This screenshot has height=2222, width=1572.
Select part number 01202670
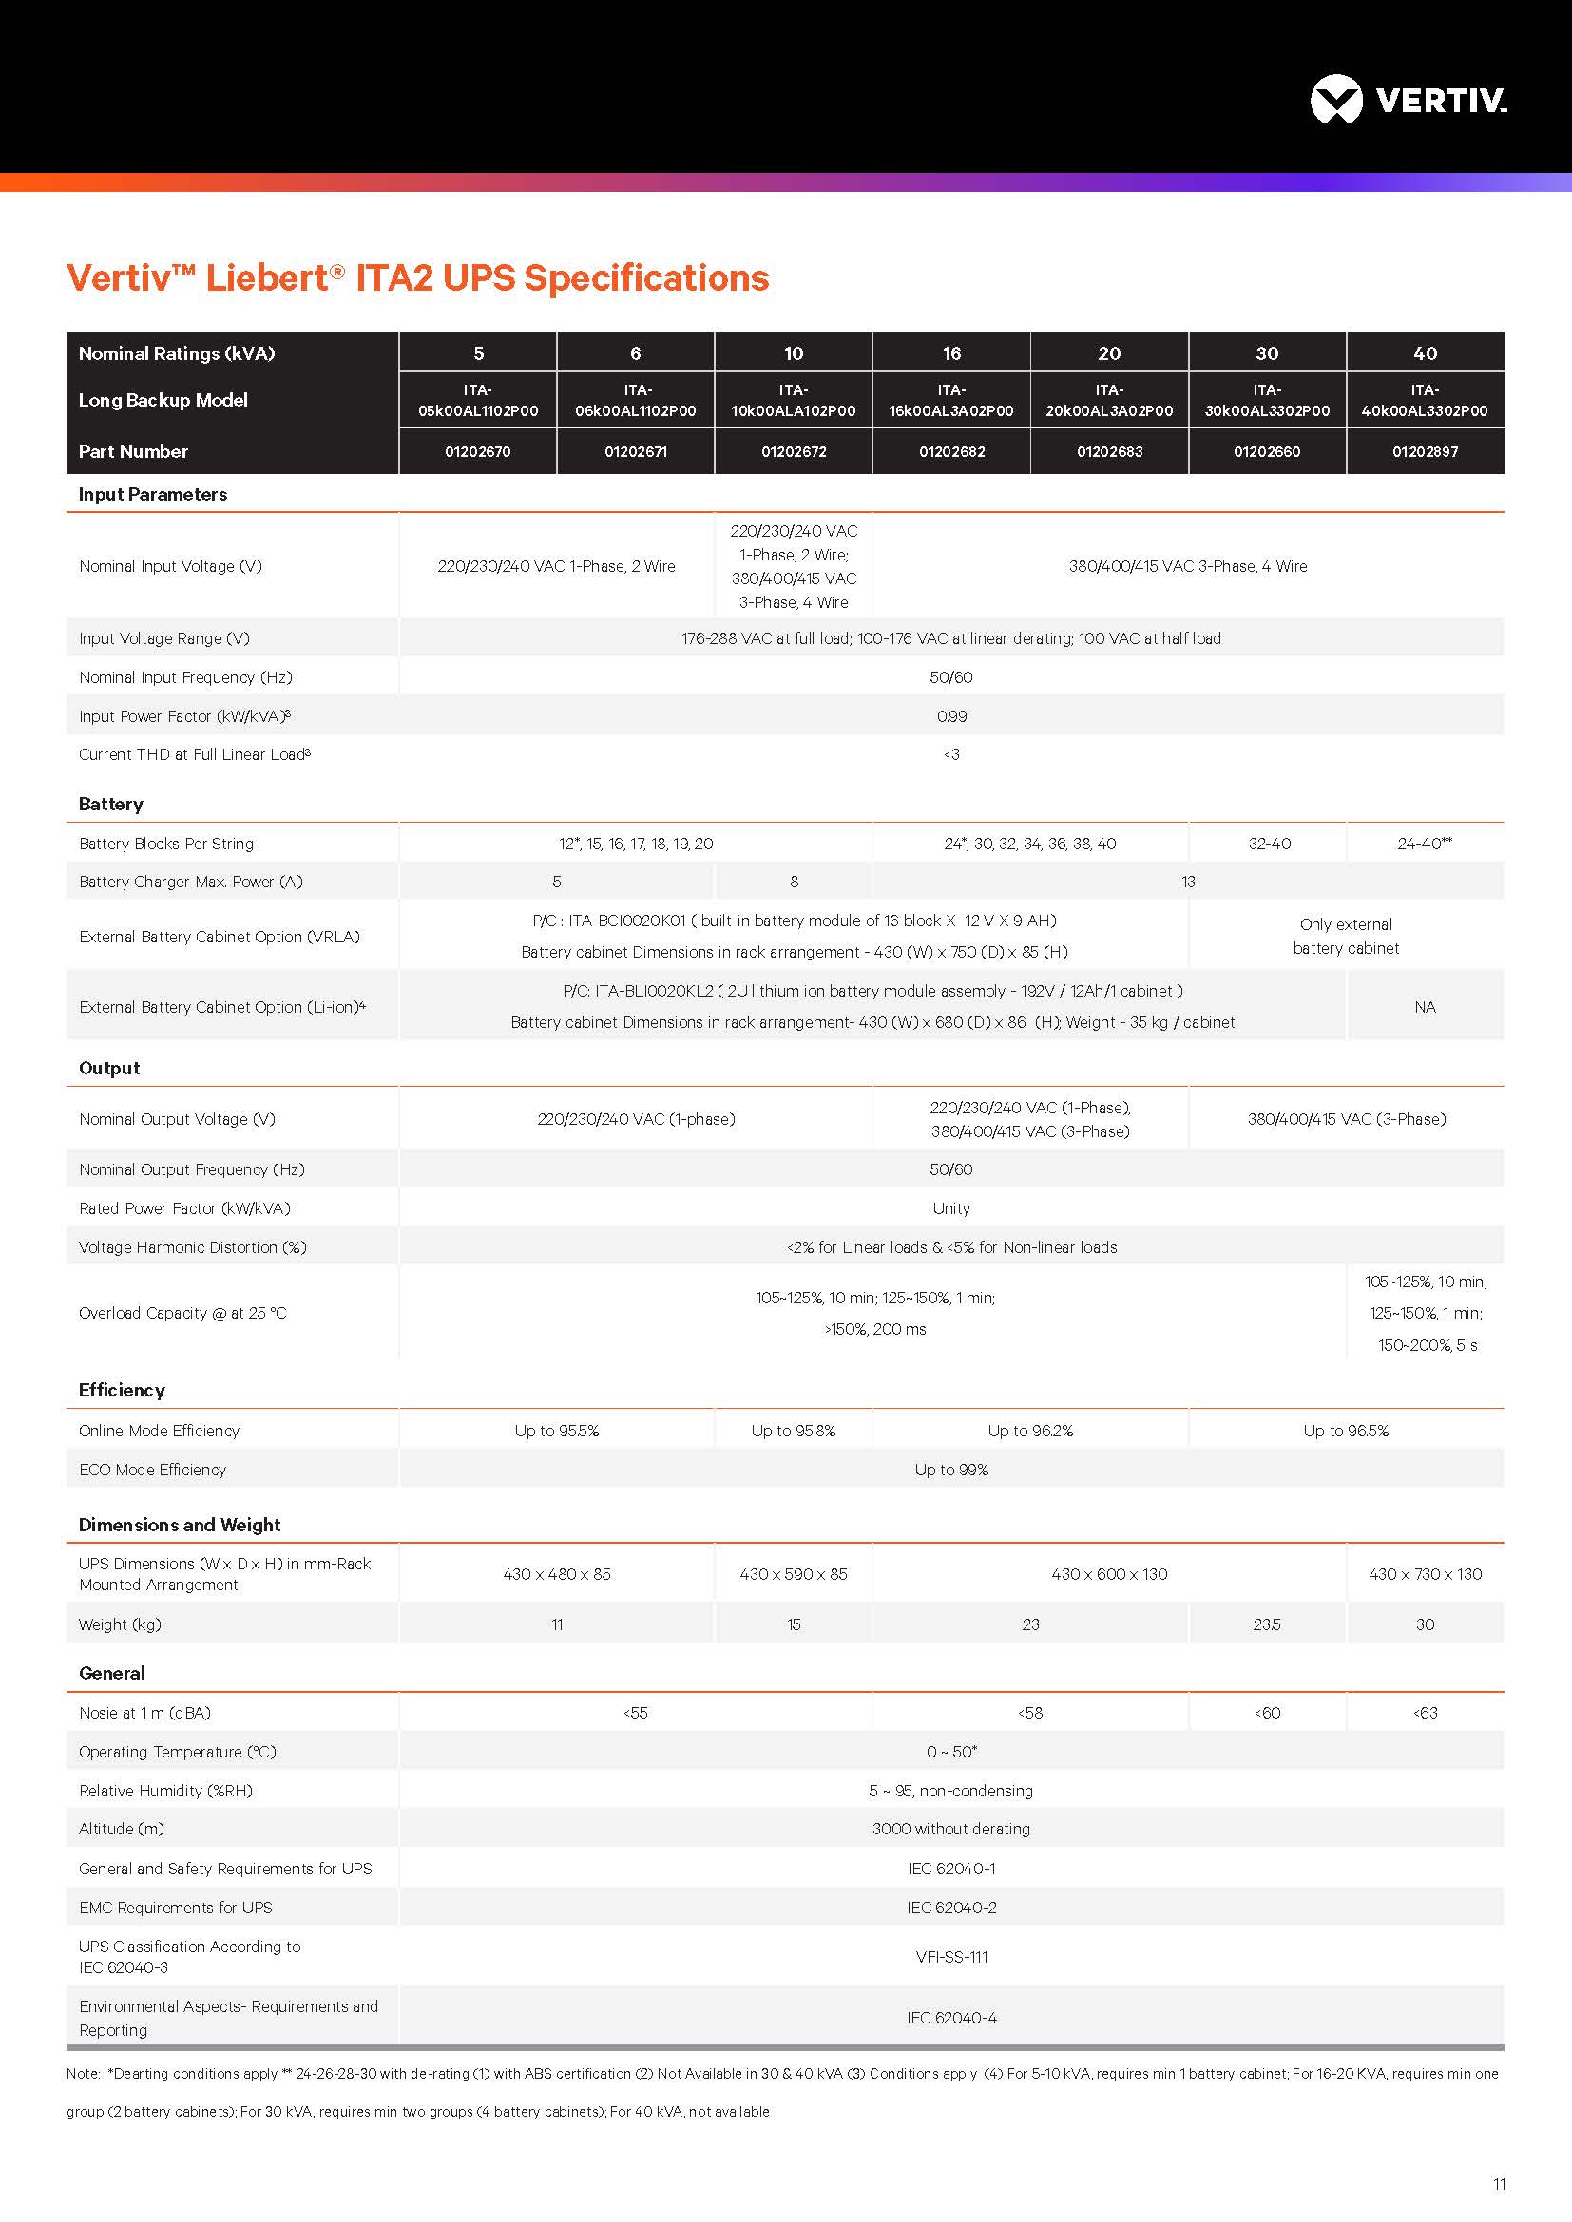477,452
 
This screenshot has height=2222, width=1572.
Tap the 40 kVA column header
1425,353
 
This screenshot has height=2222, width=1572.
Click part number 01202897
1425,452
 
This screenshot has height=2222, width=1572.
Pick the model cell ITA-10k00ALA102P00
793,401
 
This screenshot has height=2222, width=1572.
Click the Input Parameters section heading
153,495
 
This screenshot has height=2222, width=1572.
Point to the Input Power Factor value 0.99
951,716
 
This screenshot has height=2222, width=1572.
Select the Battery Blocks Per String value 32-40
1269,844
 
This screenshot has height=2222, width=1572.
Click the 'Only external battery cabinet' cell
1346,936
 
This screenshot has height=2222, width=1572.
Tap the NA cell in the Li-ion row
1425,1007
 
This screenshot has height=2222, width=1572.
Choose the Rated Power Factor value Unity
951,1208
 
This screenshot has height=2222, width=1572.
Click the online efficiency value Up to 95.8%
793,1431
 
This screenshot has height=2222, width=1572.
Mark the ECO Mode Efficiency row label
153,1470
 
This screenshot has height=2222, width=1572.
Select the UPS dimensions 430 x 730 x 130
1425,1574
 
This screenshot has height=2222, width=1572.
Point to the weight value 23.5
1266,1624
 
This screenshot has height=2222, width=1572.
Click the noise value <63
1425,1713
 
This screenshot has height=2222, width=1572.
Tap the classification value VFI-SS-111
951,1957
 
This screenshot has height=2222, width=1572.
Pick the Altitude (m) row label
122,1829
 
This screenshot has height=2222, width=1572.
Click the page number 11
1500,2184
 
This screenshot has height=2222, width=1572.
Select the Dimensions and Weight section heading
180,1526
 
